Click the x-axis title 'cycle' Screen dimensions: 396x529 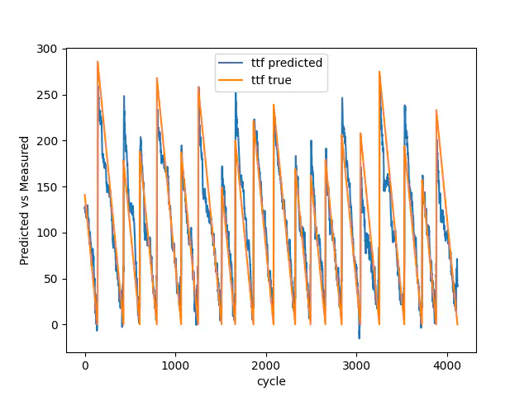point(271,380)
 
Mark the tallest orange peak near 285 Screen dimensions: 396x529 point(98,61)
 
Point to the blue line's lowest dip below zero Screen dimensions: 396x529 point(359,337)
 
